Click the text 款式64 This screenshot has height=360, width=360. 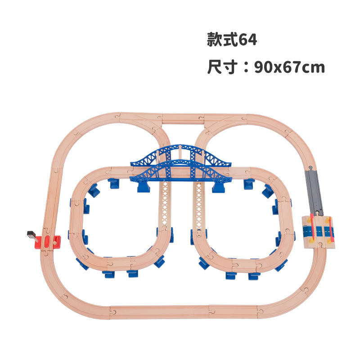coord(232,40)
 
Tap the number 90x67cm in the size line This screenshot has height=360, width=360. coord(289,68)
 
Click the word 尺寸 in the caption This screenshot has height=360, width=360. coord(219,67)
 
